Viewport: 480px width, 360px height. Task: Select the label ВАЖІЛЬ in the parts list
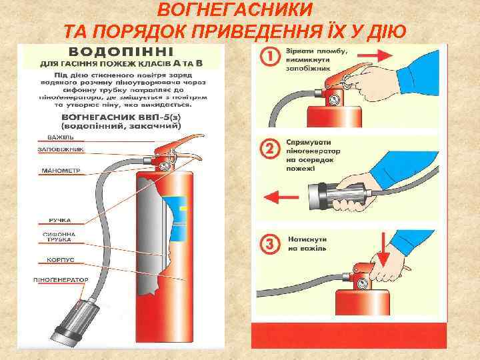[x=60, y=137]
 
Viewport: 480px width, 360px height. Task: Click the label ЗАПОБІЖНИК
[x=61, y=149]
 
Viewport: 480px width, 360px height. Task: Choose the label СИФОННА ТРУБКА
[x=60, y=238]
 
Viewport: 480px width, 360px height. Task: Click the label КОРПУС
[x=60, y=259]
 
